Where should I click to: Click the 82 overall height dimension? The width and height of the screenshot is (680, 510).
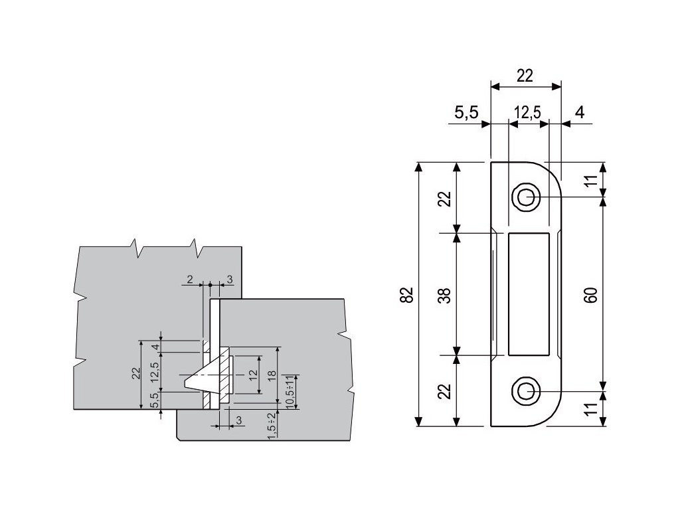407,295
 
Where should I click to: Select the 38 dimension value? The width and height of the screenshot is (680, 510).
446,294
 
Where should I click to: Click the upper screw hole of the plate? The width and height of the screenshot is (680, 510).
525,197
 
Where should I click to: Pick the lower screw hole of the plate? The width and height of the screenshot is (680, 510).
525,391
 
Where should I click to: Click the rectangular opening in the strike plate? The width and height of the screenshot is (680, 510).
528,294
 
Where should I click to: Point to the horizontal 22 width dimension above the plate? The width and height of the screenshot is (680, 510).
525,76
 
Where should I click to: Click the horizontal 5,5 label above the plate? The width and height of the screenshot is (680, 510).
466,113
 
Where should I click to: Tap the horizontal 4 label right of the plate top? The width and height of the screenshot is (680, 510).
580,113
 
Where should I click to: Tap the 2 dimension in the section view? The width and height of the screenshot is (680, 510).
190,280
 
